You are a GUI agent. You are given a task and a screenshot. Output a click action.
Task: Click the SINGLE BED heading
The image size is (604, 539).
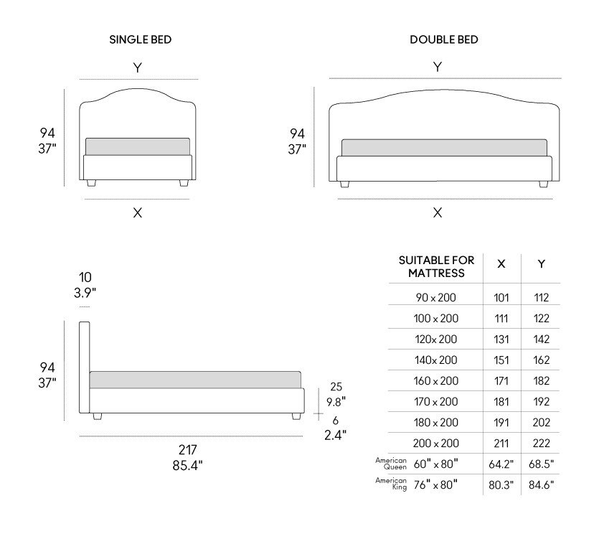[x=140, y=39]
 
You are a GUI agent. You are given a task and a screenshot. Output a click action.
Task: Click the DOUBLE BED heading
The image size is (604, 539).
[x=444, y=39]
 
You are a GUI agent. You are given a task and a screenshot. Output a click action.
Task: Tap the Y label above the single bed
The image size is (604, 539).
[x=138, y=67]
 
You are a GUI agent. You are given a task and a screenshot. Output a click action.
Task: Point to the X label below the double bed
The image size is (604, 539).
[x=438, y=212]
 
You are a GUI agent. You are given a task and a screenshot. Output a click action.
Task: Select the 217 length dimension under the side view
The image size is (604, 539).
[x=188, y=449]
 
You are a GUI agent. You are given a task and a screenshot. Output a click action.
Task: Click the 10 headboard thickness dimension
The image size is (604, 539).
[x=85, y=278]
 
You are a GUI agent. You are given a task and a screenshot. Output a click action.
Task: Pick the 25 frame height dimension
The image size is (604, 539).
[x=336, y=386]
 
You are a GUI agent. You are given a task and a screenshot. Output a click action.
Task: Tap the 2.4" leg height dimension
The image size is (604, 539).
[x=335, y=436]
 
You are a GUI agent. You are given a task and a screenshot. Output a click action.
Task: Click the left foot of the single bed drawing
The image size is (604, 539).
[x=91, y=183]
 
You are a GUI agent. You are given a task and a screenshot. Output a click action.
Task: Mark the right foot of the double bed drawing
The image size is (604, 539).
[x=544, y=184]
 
